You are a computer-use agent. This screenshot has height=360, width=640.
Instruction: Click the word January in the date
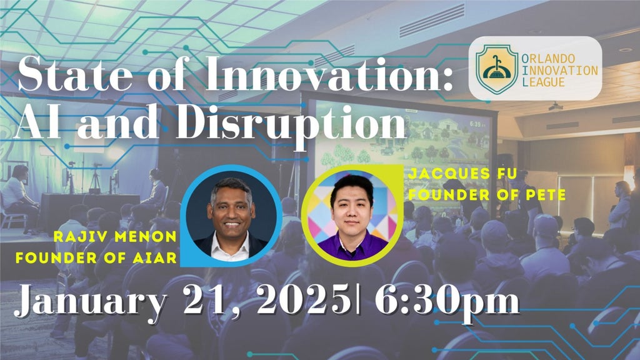[x=91, y=302]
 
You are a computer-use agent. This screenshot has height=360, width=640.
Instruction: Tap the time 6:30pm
[x=447, y=301]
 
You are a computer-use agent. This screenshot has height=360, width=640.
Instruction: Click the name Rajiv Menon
[x=115, y=236]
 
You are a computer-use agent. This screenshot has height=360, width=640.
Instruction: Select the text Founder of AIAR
[x=96, y=257]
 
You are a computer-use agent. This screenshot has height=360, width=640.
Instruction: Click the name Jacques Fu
[x=463, y=174]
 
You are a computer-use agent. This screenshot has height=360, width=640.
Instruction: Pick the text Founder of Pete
[x=487, y=195]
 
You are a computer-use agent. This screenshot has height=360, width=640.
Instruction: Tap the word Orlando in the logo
[x=548, y=59]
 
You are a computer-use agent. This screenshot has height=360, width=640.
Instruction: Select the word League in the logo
[x=543, y=82]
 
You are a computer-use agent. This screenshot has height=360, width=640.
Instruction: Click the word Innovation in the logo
[x=559, y=71]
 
